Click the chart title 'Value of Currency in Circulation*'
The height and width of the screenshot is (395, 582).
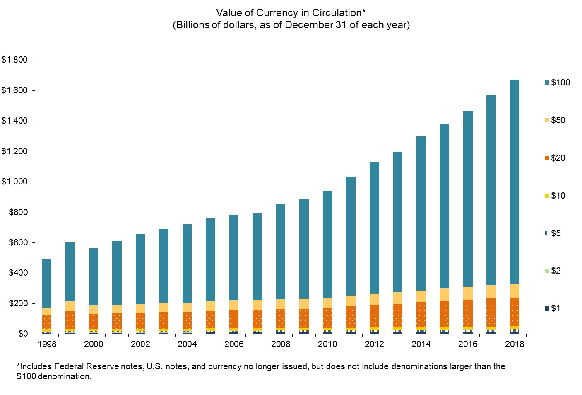291,13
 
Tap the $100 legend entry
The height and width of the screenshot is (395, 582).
557,82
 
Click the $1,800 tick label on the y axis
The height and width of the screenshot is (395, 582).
14,60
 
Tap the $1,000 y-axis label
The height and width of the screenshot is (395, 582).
14,182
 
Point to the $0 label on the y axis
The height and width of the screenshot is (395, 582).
23,334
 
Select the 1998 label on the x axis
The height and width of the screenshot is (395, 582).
47,344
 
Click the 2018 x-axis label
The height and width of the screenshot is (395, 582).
515,344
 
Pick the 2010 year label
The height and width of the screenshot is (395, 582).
327,344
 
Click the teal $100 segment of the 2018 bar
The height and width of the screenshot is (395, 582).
515,182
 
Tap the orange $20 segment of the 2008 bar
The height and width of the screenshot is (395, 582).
281,318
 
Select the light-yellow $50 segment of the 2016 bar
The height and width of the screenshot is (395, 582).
468,293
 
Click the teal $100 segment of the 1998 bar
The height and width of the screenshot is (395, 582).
47,284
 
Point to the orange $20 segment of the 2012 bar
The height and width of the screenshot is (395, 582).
374,316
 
